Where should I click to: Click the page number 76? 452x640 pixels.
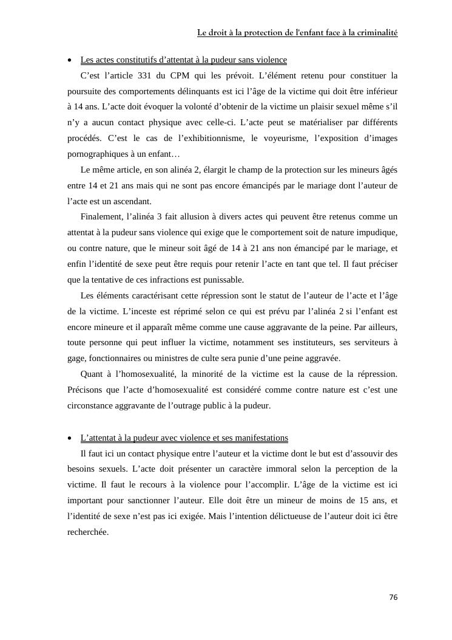393,597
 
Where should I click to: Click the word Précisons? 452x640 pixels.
86,390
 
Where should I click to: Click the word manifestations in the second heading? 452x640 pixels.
259,438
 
